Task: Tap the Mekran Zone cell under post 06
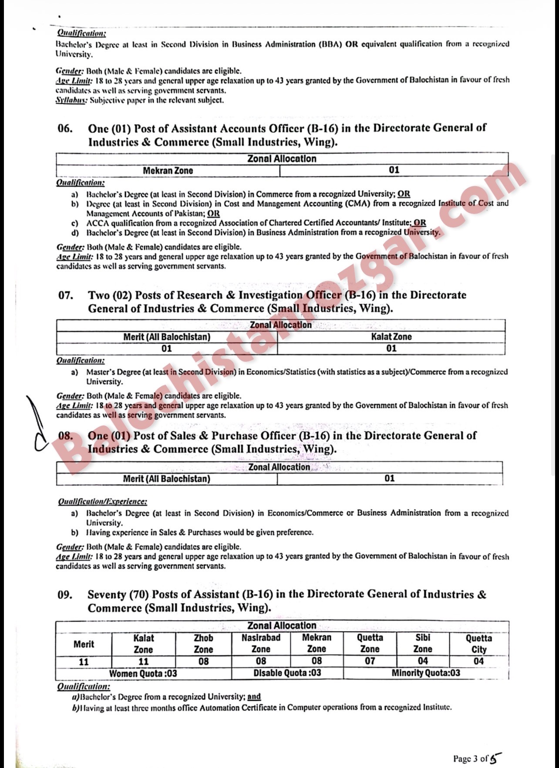[168, 170]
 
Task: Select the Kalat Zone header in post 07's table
[391, 337]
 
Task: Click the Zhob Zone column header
[203, 643]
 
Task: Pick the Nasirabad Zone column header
[261, 643]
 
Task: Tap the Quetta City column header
[478, 643]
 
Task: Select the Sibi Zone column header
[423, 643]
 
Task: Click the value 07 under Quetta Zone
[370, 661]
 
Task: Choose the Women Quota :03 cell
[143, 673]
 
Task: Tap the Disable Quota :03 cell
[287, 673]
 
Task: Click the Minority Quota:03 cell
[425, 673]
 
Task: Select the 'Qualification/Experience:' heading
[102, 502]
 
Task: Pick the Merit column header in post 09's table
[84, 644]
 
